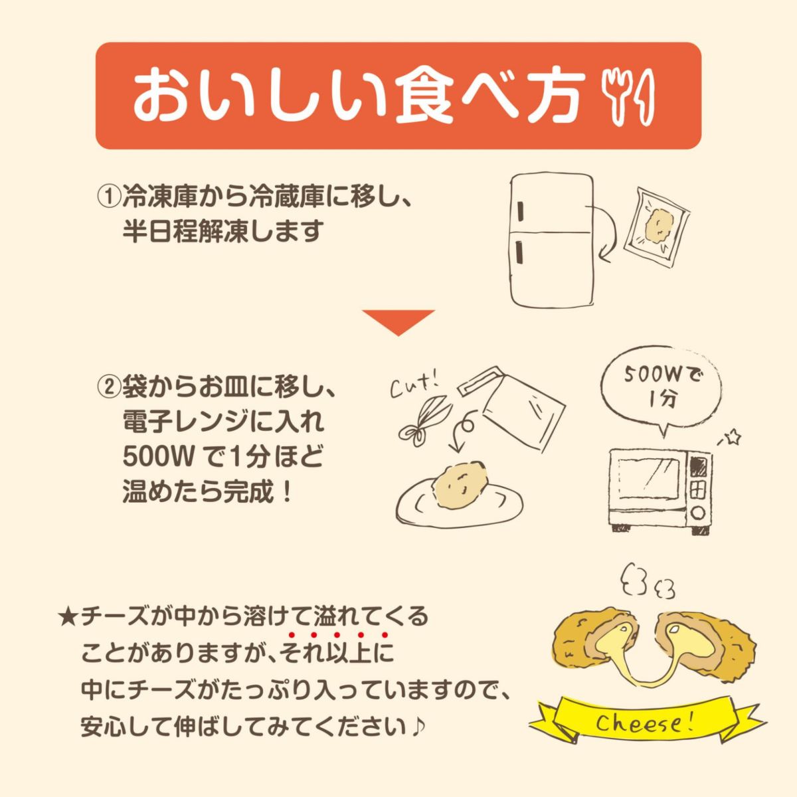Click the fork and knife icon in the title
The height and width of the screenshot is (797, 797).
627,96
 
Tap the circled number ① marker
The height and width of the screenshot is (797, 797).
108,197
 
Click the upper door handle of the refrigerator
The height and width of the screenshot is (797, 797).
519,212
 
